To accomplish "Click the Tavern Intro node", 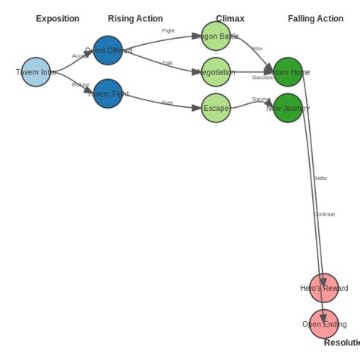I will point(36,72).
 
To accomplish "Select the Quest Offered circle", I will point(108,51).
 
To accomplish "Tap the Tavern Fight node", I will point(108,93).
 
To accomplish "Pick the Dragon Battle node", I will point(216,36).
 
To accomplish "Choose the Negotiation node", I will point(216,72).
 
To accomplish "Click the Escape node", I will point(216,108).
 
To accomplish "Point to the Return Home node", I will point(288,72).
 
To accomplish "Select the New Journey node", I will point(288,108).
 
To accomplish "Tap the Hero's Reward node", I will point(324,288).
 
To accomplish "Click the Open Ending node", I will point(324,324).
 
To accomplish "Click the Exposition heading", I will point(57,18).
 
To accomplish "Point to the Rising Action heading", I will point(135,18).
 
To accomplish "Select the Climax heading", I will point(230,18).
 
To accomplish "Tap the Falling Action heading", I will point(316,18).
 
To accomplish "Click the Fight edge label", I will point(168,30).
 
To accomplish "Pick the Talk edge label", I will point(167,63).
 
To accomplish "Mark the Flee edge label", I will point(167,103).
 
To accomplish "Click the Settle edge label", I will point(320,178).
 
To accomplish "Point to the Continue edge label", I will point(324,214).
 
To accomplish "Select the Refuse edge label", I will point(81,85).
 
